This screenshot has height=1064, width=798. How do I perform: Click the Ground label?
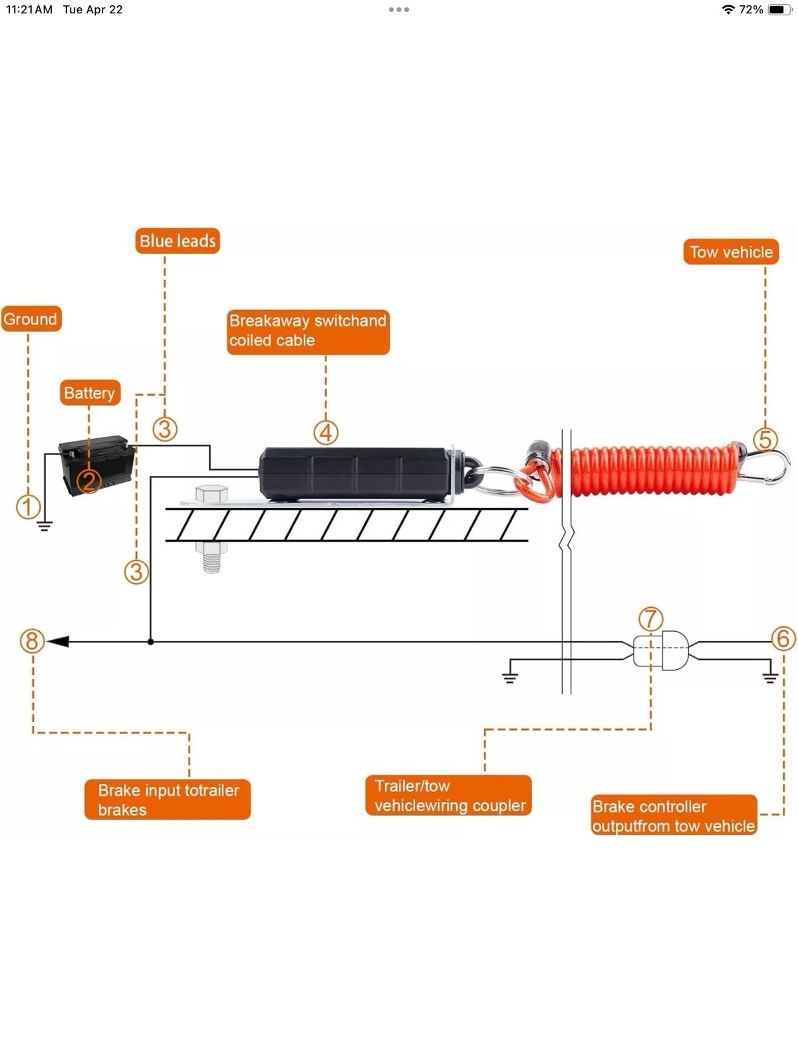(x=31, y=319)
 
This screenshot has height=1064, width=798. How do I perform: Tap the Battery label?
(x=90, y=393)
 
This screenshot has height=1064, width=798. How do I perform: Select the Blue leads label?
(x=178, y=241)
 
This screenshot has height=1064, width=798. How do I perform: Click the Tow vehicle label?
(x=730, y=252)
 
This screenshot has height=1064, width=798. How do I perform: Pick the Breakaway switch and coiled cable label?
(x=308, y=331)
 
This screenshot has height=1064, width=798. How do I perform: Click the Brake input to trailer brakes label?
(x=168, y=799)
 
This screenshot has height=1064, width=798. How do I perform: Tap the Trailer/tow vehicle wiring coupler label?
(x=449, y=795)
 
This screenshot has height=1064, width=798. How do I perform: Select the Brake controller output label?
(x=674, y=816)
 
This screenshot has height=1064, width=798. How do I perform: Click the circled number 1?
(x=28, y=507)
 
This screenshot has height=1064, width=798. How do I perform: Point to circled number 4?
(x=326, y=433)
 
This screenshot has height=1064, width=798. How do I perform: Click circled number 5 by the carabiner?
(x=765, y=440)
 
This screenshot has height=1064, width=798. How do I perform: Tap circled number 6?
(x=783, y=638)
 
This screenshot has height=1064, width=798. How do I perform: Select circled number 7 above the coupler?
(x=650, y=618)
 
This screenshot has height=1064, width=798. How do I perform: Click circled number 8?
(x=32, y=641)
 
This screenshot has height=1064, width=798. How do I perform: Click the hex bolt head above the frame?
(x=211, y=494)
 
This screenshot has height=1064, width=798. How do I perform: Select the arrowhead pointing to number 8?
(x=59, y=642)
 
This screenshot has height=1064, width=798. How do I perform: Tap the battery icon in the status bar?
(x=778, y=9)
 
